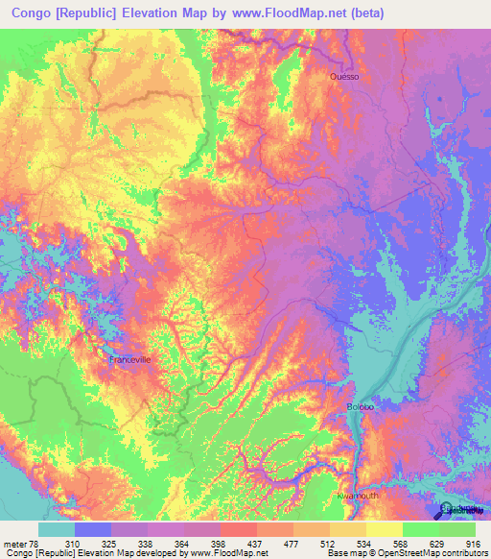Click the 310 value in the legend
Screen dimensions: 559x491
click(93, 543)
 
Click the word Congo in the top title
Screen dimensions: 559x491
click(35, 13)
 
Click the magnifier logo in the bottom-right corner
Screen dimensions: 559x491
click(447, 511)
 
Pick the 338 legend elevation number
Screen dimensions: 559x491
click(148, 543)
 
